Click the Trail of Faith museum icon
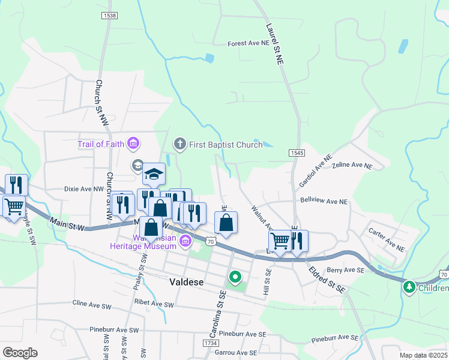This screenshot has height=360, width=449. [x=133, y=144]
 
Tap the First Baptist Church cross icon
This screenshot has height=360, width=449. [x=178, y=144]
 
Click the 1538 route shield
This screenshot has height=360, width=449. [x=109, y=15]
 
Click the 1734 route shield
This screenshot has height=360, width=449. [x=211, y=343]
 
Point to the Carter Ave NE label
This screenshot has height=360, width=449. [x=387, y=238]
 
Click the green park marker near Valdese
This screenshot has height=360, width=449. [x=235, y=278]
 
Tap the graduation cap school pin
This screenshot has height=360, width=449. [x=154, y=175]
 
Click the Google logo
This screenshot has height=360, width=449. [x=20, y=352]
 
